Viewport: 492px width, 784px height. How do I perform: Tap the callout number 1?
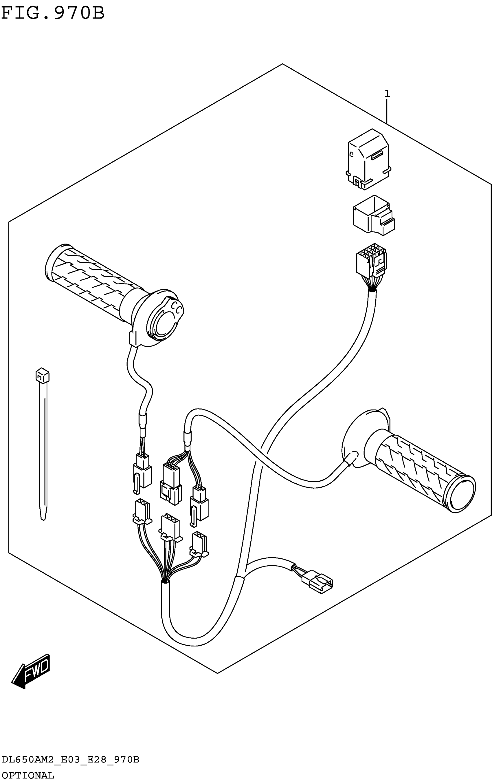coord(387,94)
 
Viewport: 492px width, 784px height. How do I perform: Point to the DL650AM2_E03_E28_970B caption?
coord(70,760)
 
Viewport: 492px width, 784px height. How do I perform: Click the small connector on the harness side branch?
coord(317,585)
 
